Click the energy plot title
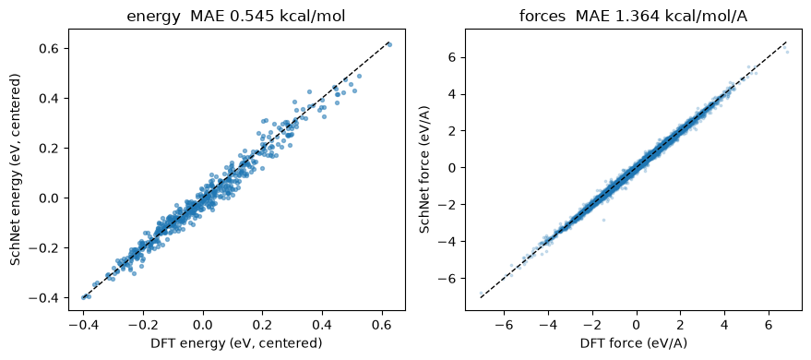point(236,17)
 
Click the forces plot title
point(634,17)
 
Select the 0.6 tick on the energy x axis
point(382,324)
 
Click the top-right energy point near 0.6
point(389,45)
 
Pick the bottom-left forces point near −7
point(481,294)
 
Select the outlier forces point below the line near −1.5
point(603,221)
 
